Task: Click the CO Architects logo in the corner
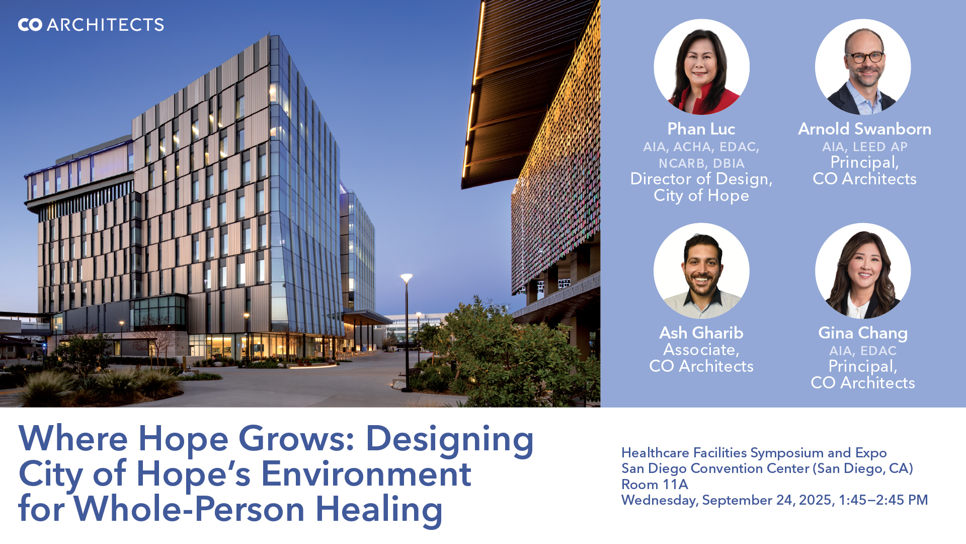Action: click(x=91, y=25)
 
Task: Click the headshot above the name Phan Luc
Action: click(x=701, y=67)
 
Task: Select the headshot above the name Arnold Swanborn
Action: click(x=863, y=67)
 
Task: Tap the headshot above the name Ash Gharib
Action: click(x=701, y=271)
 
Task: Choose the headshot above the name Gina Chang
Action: click(x=863, y=271)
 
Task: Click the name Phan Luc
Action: click(x=701, y=129)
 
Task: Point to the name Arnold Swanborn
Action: click(x=864, y=129)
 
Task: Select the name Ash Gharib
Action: click(x=701, y=333)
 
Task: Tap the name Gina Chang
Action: click(x=863, y=333)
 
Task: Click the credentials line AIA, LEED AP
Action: click(x=864, y=147)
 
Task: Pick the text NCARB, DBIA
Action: click(x=701, y=164)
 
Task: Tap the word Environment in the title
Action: click(x=366, y=474)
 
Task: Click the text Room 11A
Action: click(x=655, y=485)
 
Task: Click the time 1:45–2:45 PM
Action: click(x=883, y=500)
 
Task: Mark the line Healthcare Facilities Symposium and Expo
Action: click(x=754, y=453)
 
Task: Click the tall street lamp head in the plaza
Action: click(x=407, y=278)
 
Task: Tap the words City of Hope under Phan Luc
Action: click(x=701, y=196)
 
